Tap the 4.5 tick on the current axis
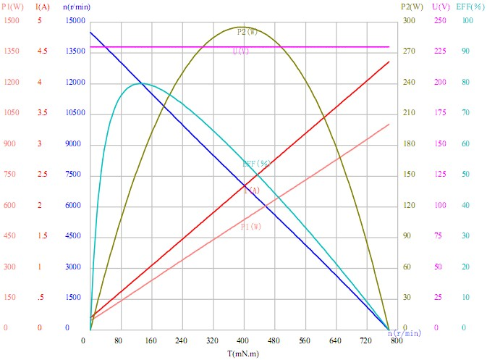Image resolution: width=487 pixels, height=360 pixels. [x=42, y=51]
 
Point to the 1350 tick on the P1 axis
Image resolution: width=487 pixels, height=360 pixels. [x=12, y=51]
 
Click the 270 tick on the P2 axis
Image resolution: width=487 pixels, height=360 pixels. [x=410, y=51]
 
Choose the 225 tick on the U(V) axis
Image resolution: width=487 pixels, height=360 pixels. [x=440, y=51]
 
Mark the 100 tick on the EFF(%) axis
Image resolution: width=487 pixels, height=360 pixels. [x=467, y=21]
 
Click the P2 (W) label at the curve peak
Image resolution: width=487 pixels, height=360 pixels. [x=247, y=33]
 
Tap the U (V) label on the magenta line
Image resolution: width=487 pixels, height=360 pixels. [x=241, y=51]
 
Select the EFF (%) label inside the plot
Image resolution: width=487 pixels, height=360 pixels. [x=256, y=164]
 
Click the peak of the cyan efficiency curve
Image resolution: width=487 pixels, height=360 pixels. [x=142, y=83]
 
